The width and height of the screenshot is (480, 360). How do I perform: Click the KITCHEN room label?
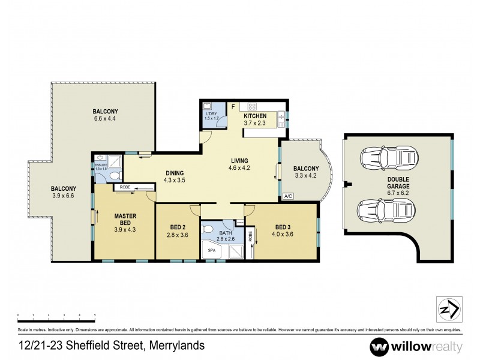tap(254, 115)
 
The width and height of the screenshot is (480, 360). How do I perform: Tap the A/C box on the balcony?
tap(287, 196)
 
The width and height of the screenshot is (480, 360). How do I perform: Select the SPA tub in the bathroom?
tap(211, 250)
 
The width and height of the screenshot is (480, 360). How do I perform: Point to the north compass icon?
tap(447, 310)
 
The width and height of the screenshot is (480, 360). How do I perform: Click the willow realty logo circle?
tap(380, 346)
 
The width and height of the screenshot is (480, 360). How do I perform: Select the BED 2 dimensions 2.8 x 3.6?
tap(178, 235)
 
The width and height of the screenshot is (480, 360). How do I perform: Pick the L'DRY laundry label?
tap(211, 113)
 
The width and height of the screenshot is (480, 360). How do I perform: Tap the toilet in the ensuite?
tap(115, 176)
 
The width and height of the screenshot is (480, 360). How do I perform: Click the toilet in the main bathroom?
tap(207, 229)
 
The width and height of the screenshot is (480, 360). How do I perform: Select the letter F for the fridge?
tap(233, 106)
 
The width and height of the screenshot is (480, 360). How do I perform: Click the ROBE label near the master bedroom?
tap(125, 188)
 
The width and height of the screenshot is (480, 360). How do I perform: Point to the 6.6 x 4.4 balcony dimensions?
tap(105, 119)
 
